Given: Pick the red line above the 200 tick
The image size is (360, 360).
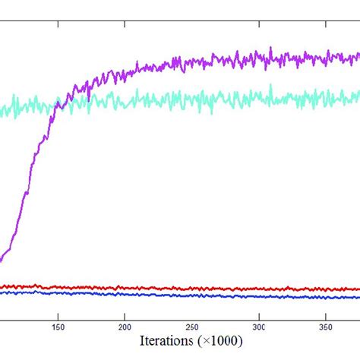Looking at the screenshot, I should click(125, 288).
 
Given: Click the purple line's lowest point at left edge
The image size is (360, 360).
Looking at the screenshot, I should click(2, 261).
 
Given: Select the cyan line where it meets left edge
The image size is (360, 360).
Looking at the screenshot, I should click(2, 112).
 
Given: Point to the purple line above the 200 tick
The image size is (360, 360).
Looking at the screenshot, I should click(125, 73).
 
